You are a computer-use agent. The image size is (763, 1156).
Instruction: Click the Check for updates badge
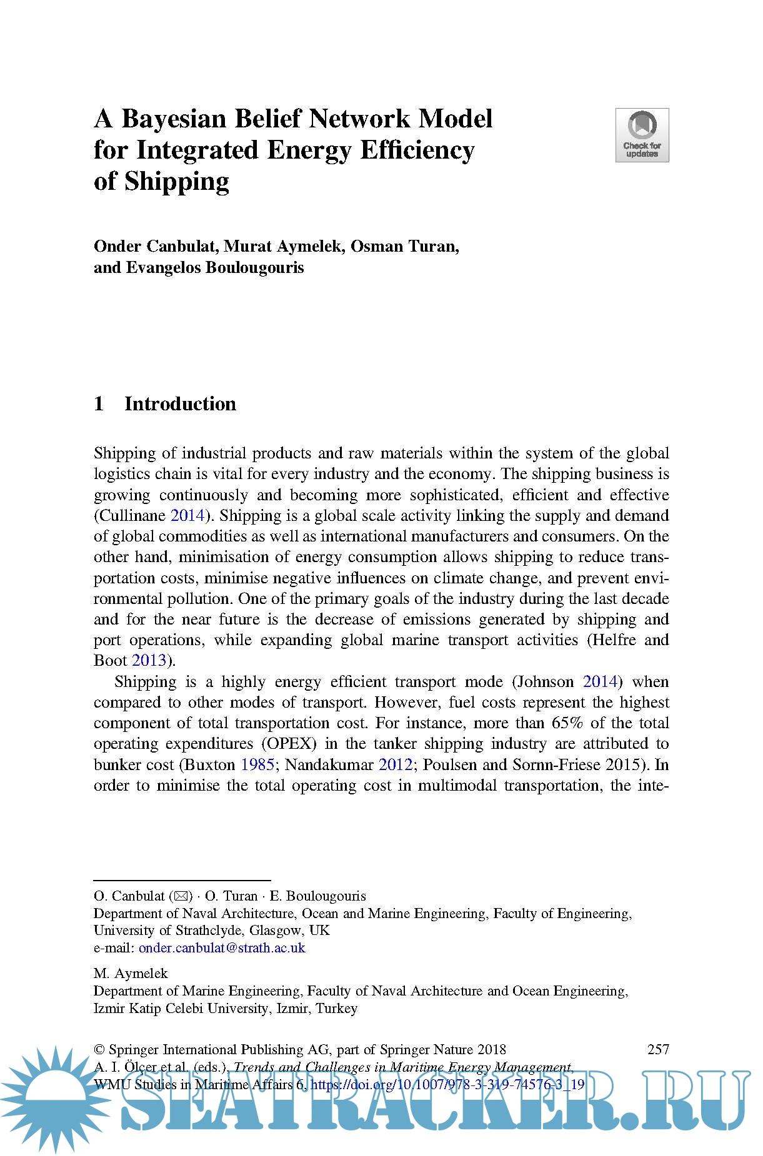(642, 135)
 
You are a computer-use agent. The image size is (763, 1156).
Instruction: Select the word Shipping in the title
(177, 182)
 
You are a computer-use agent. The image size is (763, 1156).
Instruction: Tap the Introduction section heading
(180, 404)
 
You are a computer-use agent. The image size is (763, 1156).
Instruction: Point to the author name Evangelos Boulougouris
(215, 268)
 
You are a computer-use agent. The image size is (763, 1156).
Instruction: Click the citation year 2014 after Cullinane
(187, 515)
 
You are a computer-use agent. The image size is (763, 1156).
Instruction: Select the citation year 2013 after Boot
(149, 661)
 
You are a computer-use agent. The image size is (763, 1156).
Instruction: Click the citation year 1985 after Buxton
(257, 764)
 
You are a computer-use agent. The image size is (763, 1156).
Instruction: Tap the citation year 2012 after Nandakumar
(396, 764)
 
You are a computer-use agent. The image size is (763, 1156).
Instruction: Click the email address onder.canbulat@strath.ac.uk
(222, 947)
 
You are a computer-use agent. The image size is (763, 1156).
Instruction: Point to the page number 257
(658, 1049)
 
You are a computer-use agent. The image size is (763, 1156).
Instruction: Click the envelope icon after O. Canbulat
(181, 896)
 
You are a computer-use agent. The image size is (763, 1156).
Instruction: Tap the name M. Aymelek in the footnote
(131, 973)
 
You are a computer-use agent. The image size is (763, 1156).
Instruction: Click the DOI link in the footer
(447, 1084)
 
